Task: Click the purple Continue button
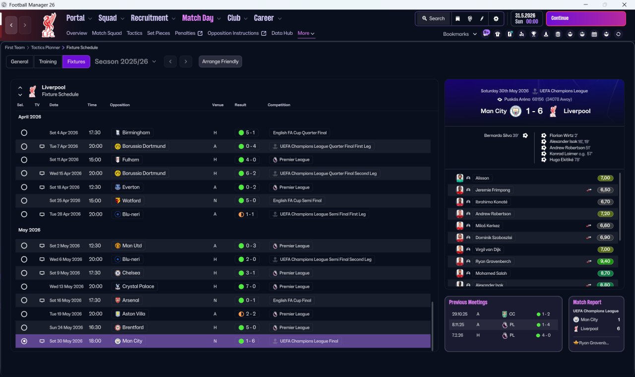586,18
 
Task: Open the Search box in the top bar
433,18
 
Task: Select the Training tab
48,62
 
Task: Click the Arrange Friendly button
220,62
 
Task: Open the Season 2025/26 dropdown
126,62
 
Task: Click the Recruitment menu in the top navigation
149,18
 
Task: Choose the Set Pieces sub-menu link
158,33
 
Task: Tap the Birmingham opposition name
136,132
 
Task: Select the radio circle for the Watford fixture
24,201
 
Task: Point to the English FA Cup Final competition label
292,301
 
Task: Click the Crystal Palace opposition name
138,287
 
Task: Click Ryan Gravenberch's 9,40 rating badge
605,261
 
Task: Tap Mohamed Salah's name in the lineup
491,273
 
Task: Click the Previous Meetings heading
468,302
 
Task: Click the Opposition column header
120,105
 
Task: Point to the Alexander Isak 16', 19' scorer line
569,141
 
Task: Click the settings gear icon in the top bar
496,19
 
